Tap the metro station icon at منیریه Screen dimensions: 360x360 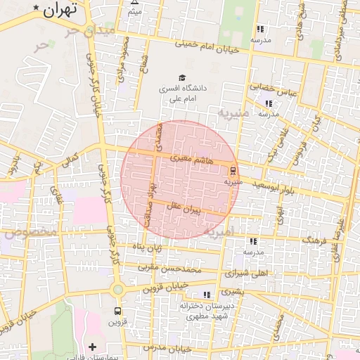pos(233,171)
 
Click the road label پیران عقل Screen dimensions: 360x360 pos(184,209)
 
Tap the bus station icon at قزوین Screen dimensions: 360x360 pos(117,311)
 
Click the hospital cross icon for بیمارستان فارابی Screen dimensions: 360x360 pos(92,347)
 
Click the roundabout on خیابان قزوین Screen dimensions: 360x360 pos(117,289)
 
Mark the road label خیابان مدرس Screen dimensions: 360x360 pos(175,348)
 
